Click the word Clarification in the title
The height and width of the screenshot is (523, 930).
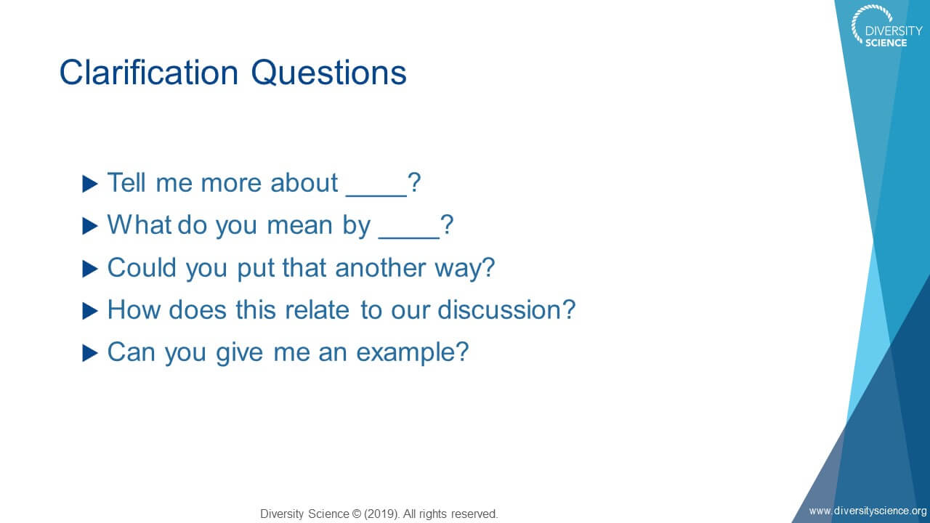click(x=149, y=73)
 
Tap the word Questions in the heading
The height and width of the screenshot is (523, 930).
click(x=329, y=73)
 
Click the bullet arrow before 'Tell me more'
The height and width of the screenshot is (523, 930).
click(x=90, y=184)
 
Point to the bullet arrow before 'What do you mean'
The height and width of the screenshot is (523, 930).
click(x=90, y=226)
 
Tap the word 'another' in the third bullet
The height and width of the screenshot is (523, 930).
click(x=380, y=268)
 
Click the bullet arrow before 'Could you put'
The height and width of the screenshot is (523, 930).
click(x=90, y=269)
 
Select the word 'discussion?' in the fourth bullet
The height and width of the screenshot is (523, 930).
click(x=506, y=310)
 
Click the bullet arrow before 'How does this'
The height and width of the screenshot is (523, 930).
click(x=90, y=312)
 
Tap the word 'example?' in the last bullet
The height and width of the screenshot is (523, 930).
click(x=413, y=353)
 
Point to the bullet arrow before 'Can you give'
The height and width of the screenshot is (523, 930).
click(x=90, y=354)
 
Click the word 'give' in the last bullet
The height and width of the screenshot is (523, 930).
click(x=240, y=353)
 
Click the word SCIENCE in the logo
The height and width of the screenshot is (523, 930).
click(x=886, y=43)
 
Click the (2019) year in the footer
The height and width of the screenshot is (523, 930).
click(x=382, y=514)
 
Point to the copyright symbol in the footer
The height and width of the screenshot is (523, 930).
click(x=357, y=514)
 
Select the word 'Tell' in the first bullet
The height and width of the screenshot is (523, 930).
click(x=126, y=182)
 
